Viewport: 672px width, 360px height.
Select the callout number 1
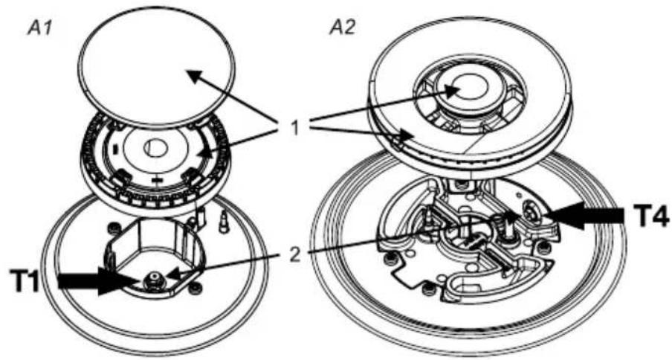click(294, 128)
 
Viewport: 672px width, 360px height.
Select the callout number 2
click(295, 254)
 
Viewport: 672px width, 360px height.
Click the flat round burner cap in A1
click(158, 67)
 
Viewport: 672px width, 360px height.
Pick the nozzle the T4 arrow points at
click(532, 211)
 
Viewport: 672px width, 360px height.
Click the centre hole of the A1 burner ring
click(155, 148)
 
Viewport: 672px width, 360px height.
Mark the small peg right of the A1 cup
click(223, 221)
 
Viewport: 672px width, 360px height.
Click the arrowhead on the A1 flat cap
click(194, 77)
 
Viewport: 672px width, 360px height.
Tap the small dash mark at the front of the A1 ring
click(158, 181)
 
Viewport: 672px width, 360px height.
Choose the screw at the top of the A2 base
click(461, 185)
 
